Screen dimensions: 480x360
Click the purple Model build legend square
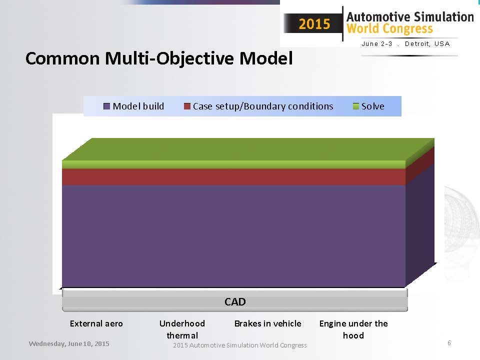tap(106, 106)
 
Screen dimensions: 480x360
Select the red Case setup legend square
tap(187, 106)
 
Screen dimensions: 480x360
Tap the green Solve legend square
tap(355, 106)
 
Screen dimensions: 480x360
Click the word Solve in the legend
tap(373, 106)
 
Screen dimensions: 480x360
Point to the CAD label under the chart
tap(235, 302)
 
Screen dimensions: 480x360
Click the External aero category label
tap(96, 323)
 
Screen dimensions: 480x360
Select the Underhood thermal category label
tap(182, 329)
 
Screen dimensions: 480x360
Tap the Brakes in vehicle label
tap(268, 323)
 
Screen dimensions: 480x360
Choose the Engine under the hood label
tap(353, 329)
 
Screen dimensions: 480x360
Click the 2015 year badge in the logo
tap(314, 24)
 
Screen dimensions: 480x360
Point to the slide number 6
tap(449, 343)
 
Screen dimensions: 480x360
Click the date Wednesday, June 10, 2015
tap(69, 344)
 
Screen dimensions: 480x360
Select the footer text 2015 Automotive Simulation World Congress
tap(239, 345)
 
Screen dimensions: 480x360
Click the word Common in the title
tap(62, 58)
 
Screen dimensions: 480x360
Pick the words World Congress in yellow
tap(389, 28)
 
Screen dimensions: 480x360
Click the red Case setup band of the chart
tap(234, 176)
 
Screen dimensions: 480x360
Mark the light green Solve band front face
tap(234, 164)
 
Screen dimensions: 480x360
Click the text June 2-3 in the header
tap(377, 44)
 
